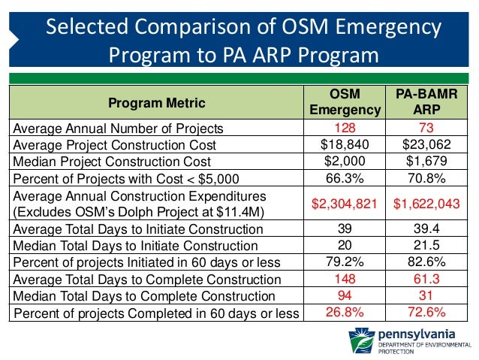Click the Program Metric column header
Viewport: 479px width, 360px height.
158,102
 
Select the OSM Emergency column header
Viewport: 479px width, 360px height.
345,102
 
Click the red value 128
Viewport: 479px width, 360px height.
345,128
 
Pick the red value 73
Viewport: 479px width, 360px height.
425,128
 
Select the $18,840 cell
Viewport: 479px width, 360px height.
345,144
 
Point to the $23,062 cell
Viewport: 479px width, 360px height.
425,144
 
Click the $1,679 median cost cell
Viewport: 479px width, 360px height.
425,161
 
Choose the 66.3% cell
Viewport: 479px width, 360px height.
345,177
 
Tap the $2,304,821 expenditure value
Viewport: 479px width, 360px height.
345,202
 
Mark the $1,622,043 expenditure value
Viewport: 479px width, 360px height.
425,202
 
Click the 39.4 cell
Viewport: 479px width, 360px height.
425,228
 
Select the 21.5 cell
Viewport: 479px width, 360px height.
425,245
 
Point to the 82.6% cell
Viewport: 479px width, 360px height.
425,262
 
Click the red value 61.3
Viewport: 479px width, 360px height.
425,279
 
